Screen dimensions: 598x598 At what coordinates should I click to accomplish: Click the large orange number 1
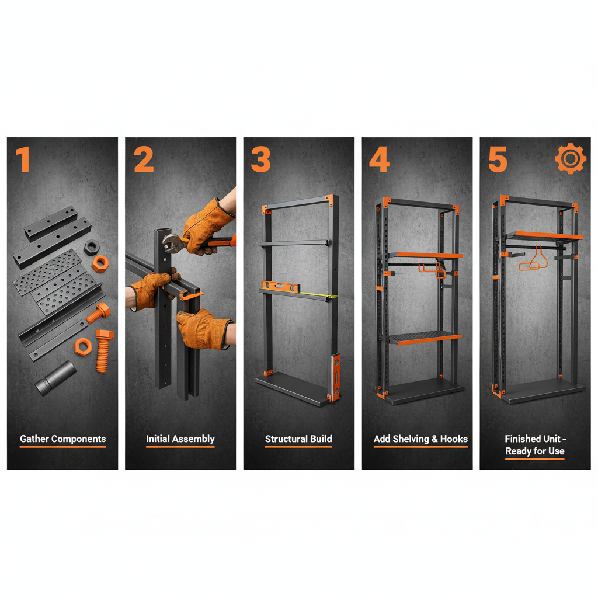click(x=23, y=159)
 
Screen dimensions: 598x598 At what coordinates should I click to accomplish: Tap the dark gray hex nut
click(x=92, y=247)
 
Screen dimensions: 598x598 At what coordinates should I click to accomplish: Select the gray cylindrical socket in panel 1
click(x=55, y=378)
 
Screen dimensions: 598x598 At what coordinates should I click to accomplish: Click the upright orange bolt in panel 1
click(x=104, y=350)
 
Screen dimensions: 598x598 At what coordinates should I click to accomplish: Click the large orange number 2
click(x=144, y=159)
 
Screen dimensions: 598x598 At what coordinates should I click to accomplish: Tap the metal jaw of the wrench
click(x=172, y=243)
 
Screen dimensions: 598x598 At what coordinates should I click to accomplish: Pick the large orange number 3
click(x=261, y=159)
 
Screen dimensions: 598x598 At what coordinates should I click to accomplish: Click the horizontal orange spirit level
click(x=281, y=286)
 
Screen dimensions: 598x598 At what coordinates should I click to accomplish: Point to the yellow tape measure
click(x=318, y=295)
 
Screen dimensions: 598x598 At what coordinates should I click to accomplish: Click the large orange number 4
click(x=380, y=159)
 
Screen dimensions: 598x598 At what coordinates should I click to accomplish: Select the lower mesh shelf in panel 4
click(x=425, y=338)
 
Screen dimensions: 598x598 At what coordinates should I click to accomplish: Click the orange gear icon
click(x=570, y=159)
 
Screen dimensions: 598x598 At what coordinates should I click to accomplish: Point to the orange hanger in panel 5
click(x=533, y=260)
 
